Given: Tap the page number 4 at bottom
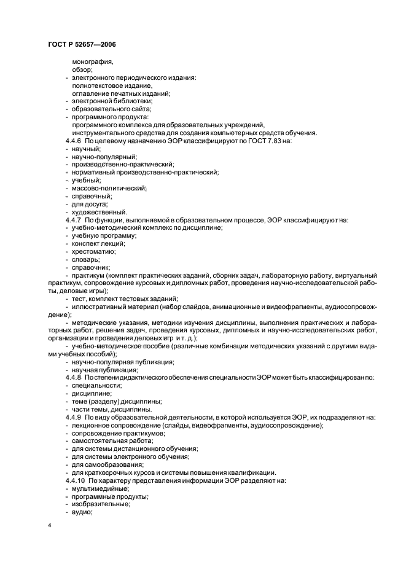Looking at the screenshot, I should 49,526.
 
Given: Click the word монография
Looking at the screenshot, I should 93,62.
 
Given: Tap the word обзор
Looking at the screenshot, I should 82,70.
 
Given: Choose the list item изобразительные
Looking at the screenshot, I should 100,504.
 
